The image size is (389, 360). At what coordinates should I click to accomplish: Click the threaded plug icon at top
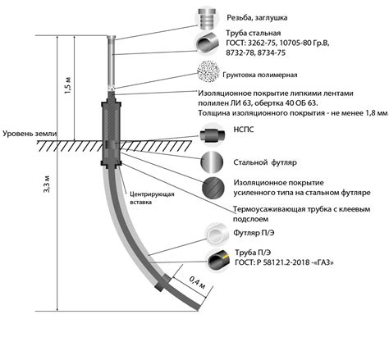click(x=207, y=18)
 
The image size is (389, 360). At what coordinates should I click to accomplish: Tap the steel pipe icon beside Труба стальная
click(x=207, y=43)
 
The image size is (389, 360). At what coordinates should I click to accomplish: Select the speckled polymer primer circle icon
click(x=208, y=71)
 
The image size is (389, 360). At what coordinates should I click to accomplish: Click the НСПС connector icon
click(x=213, y=134)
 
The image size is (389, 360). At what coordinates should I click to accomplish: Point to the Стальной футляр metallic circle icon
click(x=212, y=162)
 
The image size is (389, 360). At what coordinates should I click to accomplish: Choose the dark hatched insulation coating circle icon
click(x=213, y=189)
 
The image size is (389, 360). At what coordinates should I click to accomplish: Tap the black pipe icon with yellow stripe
click(x=218, y=260)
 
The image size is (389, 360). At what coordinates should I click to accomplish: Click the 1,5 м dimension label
click(x=67, y=85)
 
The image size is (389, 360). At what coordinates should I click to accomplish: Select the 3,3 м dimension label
click(x=47, y=184)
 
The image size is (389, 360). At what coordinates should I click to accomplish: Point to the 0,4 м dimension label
click(x=198, y=283)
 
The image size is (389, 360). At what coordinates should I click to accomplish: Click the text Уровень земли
click(x=30, y=134)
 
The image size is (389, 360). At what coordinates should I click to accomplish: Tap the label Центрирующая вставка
click(x=152, y=198)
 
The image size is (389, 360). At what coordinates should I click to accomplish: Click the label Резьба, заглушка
click(x=257, y=18)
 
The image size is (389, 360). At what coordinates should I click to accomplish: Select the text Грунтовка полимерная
click(x=260, y=75)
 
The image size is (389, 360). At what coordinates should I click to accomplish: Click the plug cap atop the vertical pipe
click(x=112, y=39)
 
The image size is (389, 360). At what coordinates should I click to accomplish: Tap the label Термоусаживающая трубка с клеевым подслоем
click(x=301, y=214)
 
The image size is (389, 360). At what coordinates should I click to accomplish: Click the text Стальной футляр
click(x=265, y=162)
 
